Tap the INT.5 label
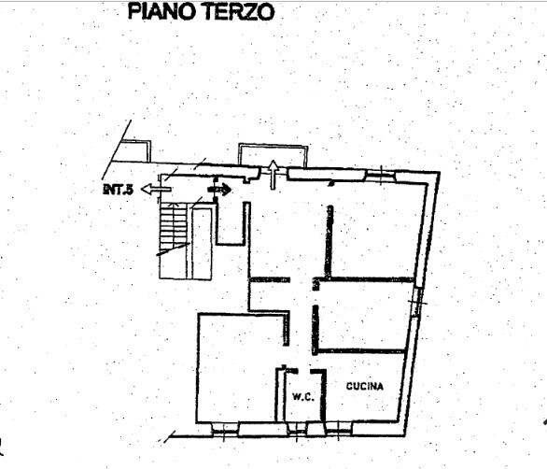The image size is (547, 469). [119, 190]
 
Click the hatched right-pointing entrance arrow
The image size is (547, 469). [220, 190]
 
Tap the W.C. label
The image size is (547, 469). [302, 395]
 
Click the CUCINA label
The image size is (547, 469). [366, 385]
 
